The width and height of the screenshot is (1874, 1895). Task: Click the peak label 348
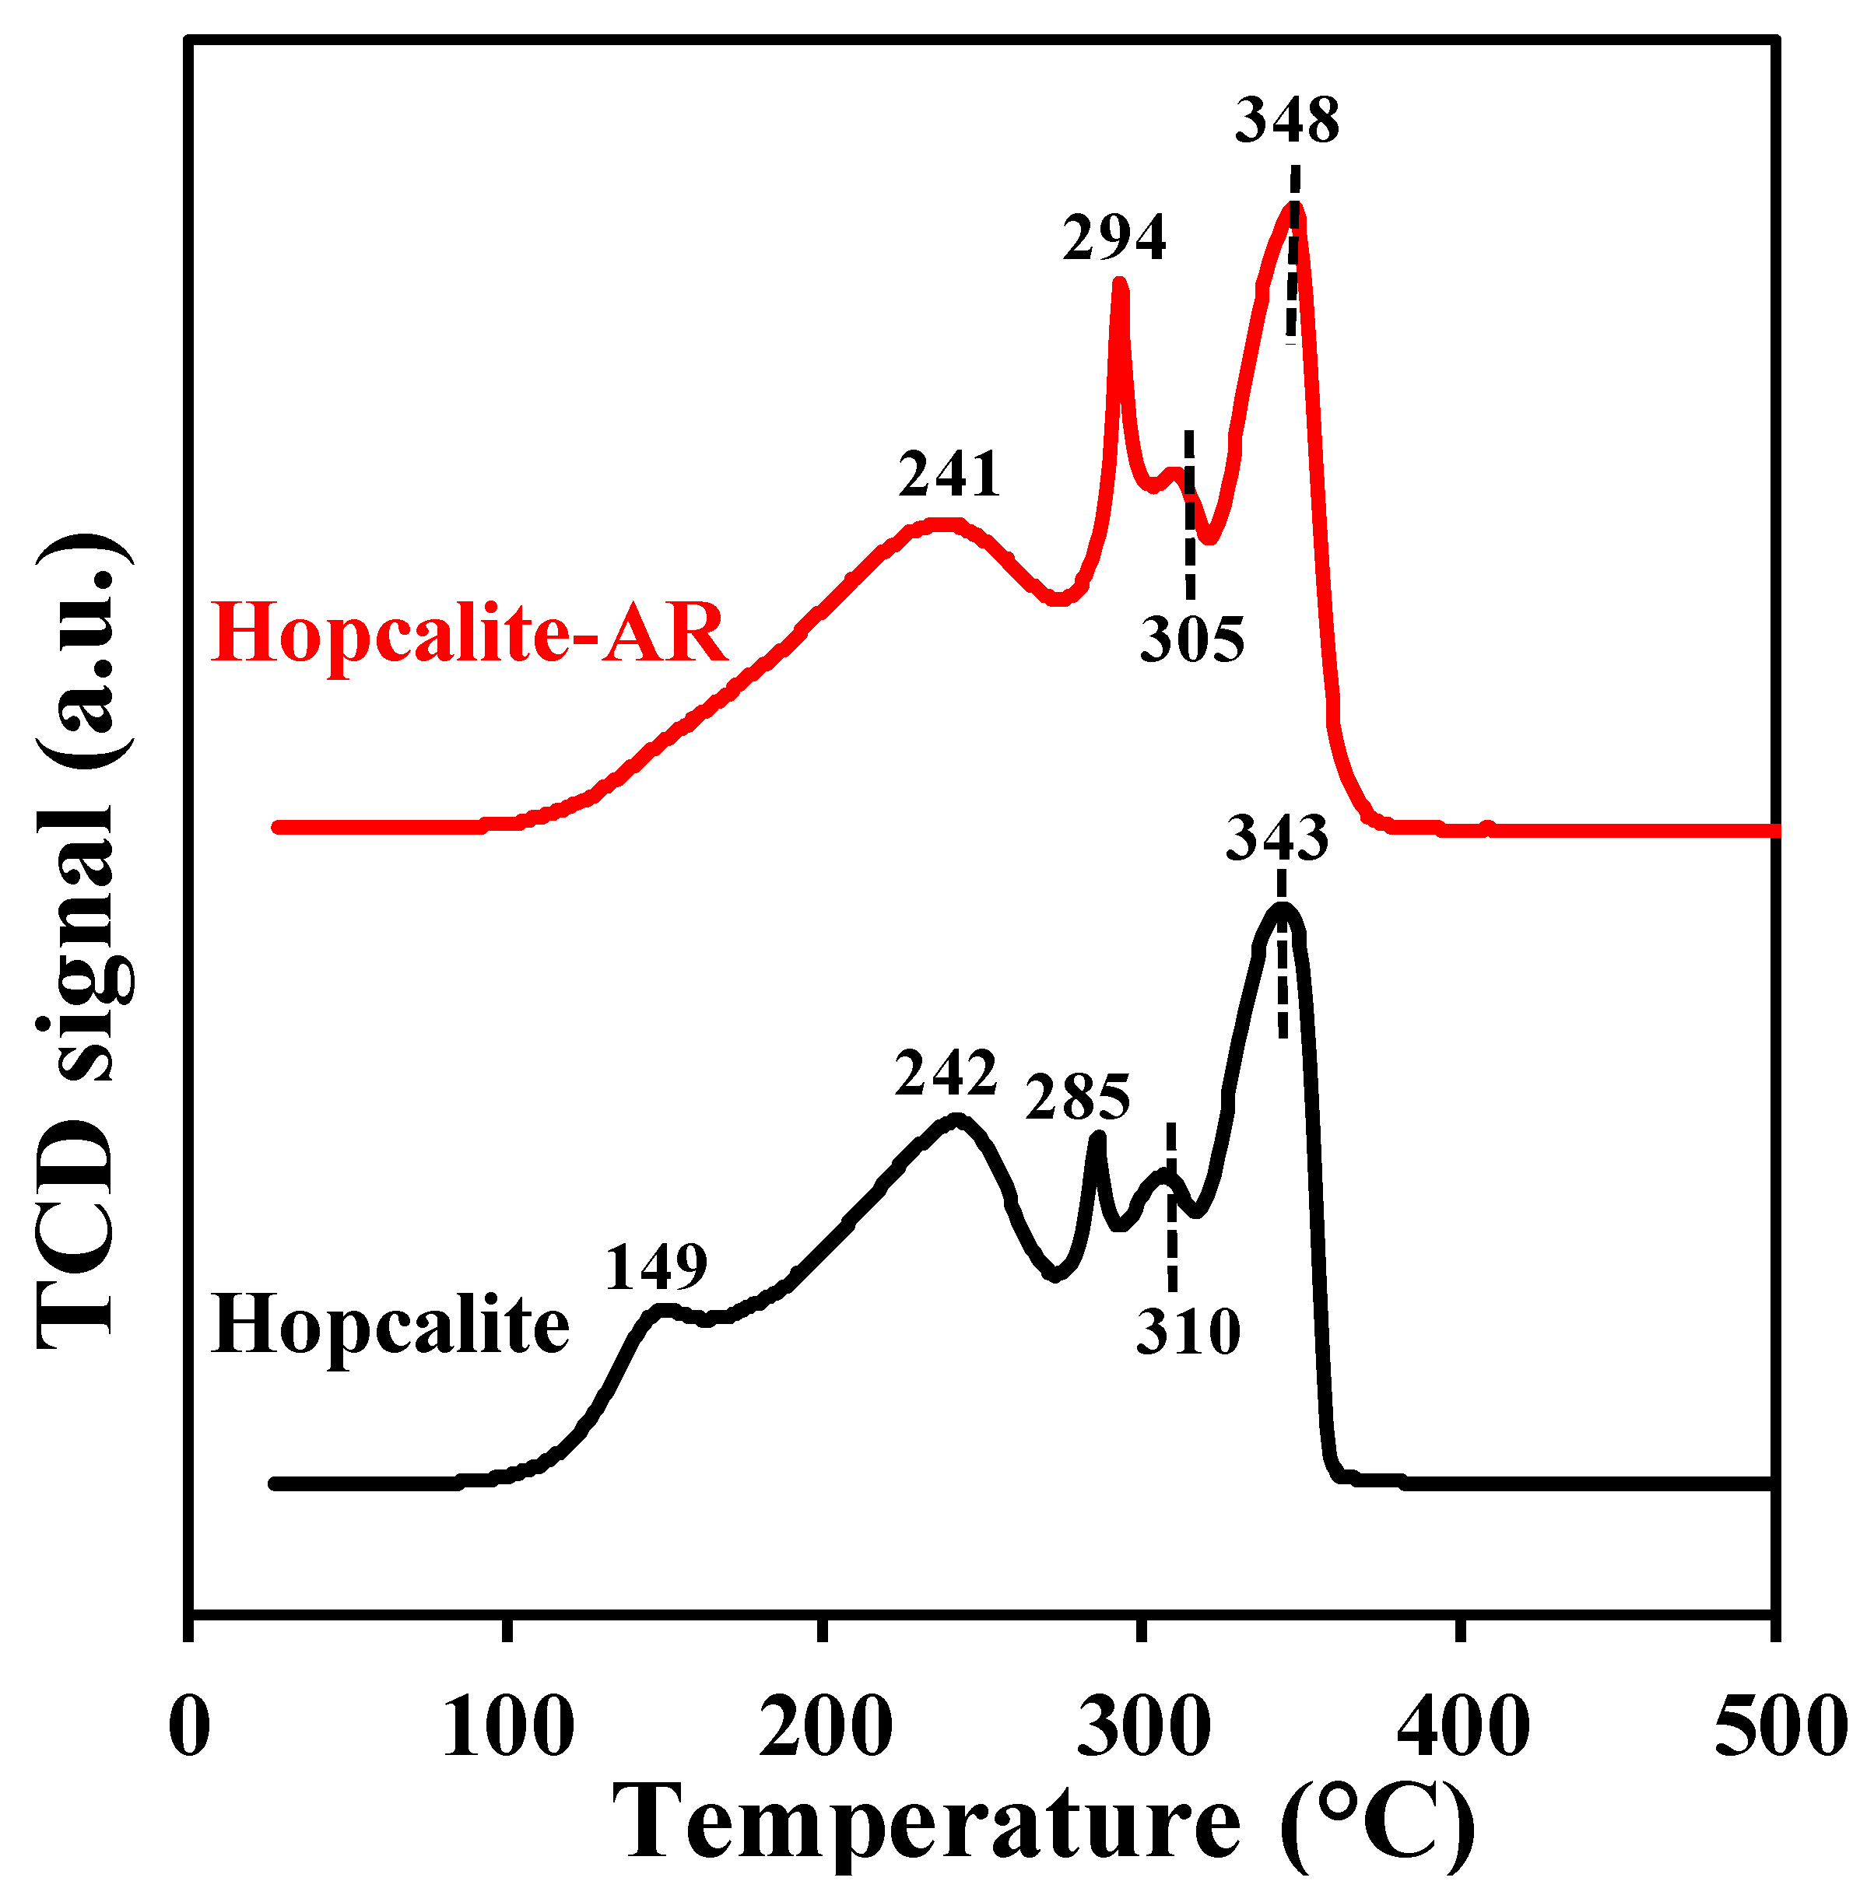(x=1286, y=121)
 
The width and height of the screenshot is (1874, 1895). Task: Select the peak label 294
(x=1114, y=238)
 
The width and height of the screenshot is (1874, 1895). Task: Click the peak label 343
(x=1277, y=839)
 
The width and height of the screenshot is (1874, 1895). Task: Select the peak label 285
(x=1077, y=1098)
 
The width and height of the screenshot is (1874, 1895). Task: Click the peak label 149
(x=655, y=1267)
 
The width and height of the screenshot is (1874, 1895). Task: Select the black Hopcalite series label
(x=391, y=1325)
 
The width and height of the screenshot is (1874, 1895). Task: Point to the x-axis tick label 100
(x=508, y=1729)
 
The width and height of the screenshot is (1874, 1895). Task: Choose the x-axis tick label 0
(x=189, y=1729)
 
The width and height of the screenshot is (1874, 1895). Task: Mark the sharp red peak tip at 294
(x=1119, y=285)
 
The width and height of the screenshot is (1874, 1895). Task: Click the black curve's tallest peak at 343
(x=1283, y=909)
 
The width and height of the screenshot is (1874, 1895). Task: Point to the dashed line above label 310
(x=1170, y=1207)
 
